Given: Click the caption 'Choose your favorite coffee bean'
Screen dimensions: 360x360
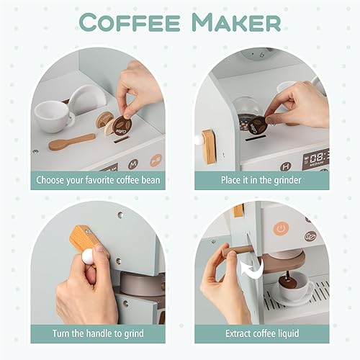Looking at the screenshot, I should click(x=98, y=179).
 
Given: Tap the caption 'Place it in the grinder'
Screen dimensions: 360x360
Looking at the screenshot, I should click(x=261, y=179).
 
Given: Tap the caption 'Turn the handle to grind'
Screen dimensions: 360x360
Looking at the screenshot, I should click(x=98, y=333).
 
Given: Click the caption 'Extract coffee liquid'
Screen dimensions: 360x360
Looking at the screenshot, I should click(x=261, y=333).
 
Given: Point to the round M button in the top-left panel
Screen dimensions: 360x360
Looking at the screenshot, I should click(x=132, y=163).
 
